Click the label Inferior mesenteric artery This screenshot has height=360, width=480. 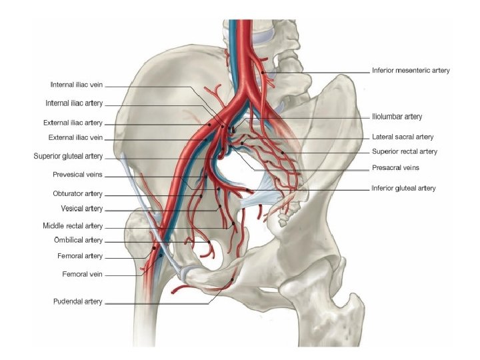point(410,70)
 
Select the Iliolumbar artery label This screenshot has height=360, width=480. point(397,117)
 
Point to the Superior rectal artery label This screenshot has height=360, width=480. point(404,151)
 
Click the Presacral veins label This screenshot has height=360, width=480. point(395,167)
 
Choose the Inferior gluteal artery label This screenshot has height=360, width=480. point(403,188)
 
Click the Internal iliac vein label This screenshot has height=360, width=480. point(76,85)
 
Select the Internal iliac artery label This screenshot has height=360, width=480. point(74,103)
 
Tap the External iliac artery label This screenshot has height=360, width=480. point(73,123)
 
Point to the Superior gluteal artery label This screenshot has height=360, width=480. point(68,156)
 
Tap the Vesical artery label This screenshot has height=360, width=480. point(81,209)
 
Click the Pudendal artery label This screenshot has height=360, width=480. point(77,301)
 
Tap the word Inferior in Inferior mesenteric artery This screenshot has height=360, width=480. point(384,70)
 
